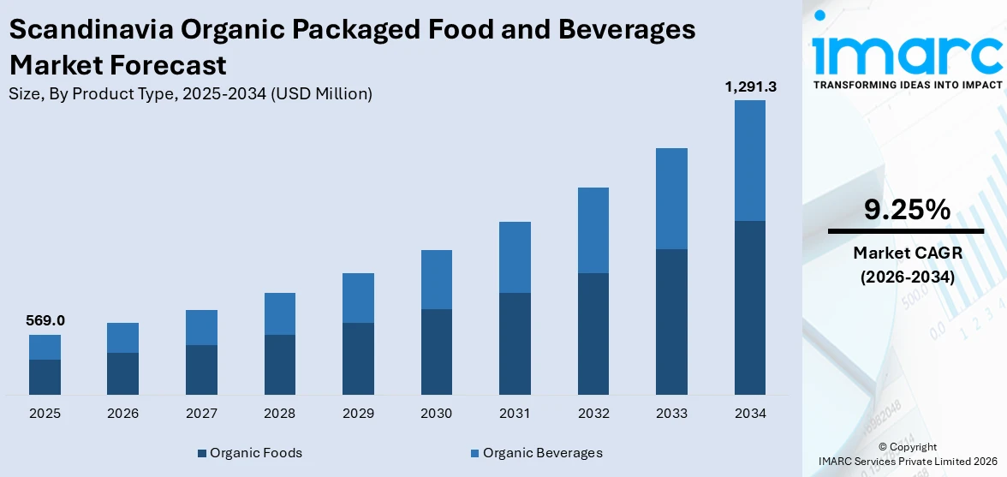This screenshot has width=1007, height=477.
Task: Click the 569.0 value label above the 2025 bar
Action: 45,320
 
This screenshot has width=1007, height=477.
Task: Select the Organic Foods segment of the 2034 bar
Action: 749,307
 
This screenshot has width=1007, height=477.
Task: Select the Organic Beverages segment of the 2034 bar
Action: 749,160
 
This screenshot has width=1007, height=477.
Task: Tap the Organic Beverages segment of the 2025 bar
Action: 45,347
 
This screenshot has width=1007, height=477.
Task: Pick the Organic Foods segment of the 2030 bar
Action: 436,351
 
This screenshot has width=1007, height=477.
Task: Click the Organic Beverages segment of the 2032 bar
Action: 593,230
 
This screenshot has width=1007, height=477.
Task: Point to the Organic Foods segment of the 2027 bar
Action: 201,369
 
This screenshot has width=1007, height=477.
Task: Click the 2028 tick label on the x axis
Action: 279,414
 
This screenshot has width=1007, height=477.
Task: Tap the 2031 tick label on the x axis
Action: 515,414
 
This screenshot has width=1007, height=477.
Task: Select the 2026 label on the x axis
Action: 122,414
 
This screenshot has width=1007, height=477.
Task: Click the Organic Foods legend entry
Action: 249,453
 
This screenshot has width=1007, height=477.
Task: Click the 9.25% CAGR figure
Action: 906,209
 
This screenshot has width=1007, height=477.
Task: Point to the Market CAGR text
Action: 906,253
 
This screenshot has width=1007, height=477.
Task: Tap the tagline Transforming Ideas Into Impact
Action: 906,85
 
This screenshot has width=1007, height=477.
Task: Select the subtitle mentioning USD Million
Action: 190,94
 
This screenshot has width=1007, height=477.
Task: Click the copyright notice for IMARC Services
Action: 906,454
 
